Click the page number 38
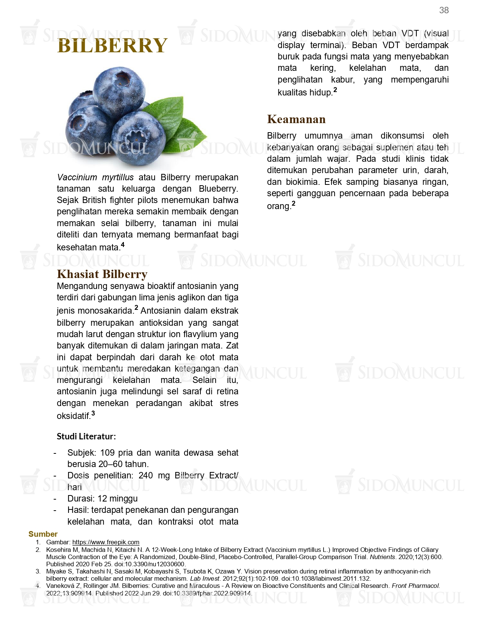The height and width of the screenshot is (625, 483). pyautogui.click(x=444, y=10)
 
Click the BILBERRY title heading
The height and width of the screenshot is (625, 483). pyautogui.click(x=112, y=46)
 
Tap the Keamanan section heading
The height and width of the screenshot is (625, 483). pyautogui.click(x=296, y=119)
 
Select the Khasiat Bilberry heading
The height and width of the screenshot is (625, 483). pyautogui.click(x=102, y=274)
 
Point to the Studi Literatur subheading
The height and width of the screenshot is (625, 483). pyautogui.click(x=86, y=436)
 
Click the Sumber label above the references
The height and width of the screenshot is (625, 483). pyautogui.click(x=43, y=534)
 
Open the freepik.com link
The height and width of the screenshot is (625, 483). pyautogui.click(x=106, y=542)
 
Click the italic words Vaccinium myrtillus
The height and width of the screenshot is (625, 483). pyautogui.click(x=95, y=177)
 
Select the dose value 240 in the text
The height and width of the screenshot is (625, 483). pyautogui.click(x=145, y=475)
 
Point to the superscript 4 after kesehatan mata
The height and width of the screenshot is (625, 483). pyautogui.click(x=123, y=245)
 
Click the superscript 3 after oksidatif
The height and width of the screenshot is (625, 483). pyautogui.click(x=93, y=413)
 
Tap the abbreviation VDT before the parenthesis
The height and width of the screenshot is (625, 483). pyautogui.click(x=410, y=34)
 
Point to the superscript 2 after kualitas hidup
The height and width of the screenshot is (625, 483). pyautogui.click(x=335, y=90)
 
